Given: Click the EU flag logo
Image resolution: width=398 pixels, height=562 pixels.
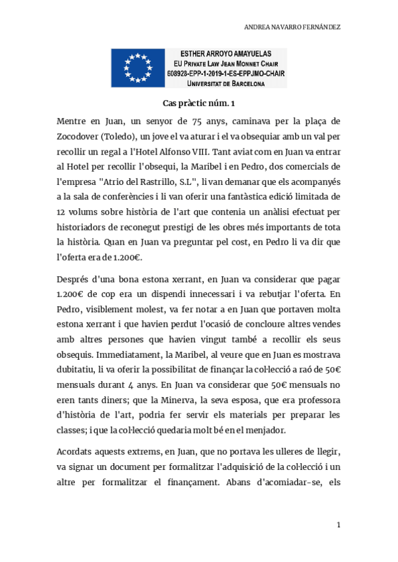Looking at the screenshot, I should (x=139, y=68).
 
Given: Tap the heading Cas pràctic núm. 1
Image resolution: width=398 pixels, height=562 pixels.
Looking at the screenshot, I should (x=199, y=103).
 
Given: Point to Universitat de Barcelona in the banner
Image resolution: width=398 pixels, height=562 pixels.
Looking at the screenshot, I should (x=226, y=84).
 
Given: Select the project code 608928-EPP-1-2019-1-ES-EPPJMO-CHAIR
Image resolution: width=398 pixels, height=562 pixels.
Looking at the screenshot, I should (x=226, y=74).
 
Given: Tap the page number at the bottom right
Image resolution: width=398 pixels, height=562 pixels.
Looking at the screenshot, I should (x=338, y=526).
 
